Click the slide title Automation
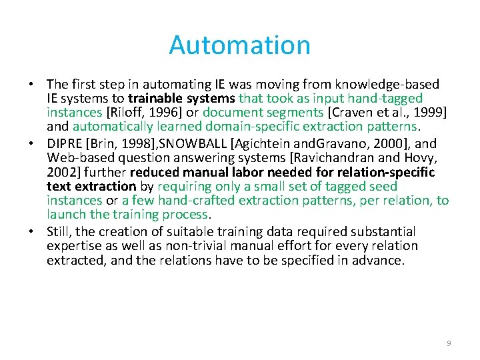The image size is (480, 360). tap(239, 45)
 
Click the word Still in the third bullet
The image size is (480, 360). tap(59, 231)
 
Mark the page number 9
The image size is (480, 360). tap(449, 343)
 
